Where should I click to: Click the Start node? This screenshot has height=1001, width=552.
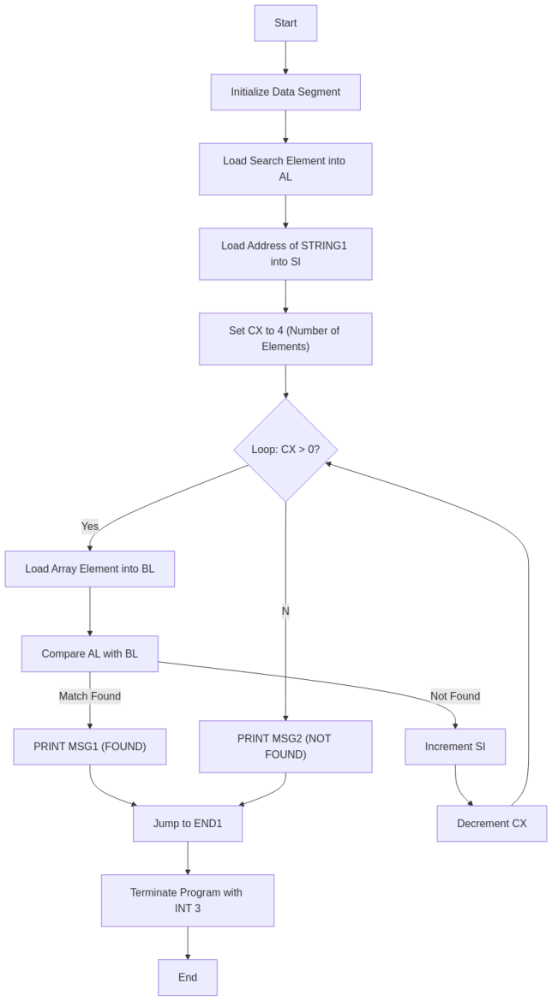tap(285, 23)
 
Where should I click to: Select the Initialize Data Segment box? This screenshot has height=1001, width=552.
tap(285, 92)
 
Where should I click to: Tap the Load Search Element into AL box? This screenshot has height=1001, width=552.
tap(285, 169)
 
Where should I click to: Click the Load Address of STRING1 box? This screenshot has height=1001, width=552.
tap(285, 253)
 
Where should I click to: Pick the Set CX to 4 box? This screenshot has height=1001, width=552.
tap(285, 338)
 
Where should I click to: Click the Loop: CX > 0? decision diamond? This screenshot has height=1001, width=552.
tap(285, 450)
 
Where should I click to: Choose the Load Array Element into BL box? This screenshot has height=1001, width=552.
tap(90, 569)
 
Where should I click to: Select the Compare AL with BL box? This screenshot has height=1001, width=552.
tap(90, 653)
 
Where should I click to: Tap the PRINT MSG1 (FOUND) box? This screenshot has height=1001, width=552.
tap(90, 746)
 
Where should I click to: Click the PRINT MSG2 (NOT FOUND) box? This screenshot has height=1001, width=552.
tap(285, 746)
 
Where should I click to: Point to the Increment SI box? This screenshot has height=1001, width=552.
tap(455, 746)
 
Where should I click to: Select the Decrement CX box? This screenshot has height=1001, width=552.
tap(491, 823)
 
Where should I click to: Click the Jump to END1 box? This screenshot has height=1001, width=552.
tap(188, 823)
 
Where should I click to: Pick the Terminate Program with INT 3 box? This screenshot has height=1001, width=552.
tap(188, 900)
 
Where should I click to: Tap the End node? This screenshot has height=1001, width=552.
tap(188, 977)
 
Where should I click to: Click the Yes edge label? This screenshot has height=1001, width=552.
tap(90, 526)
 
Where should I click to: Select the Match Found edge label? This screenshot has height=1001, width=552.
tap(90, 696)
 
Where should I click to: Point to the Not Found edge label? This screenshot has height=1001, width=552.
tap(455, 695)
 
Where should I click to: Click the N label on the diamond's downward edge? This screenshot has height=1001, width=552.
tap(285, 611)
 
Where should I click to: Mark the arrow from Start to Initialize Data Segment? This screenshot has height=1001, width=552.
tap(285, 57)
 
